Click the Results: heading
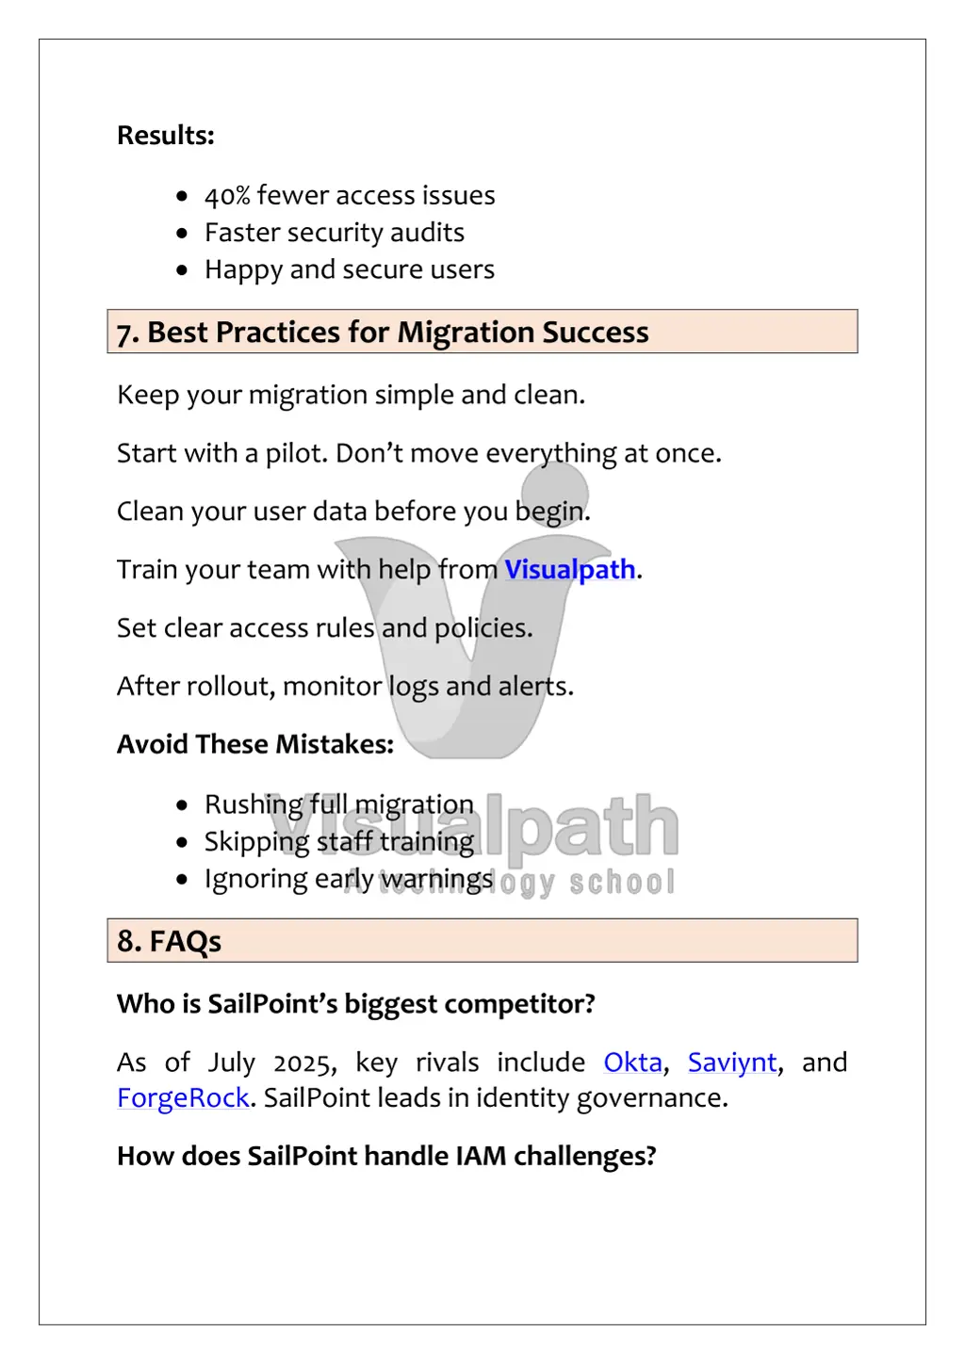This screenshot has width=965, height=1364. click(166, 136)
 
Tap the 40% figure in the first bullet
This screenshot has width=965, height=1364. click(227, 196)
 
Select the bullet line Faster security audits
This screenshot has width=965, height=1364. click(334, 233)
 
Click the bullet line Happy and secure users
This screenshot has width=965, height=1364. click(349, 270)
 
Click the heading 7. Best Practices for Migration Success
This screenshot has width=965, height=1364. click(383, 333)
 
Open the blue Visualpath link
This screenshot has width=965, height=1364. click(570, 570)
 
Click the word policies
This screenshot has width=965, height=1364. click(482, 628)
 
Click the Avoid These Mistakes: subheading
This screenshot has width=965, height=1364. click(255, 745)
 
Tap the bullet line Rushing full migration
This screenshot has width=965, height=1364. click(338, 804)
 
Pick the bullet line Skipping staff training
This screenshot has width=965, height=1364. click(338, 842)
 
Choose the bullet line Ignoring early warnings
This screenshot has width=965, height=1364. click(348, 880)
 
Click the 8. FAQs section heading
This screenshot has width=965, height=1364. click(170, 941)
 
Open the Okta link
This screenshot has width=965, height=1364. click(632, 1063)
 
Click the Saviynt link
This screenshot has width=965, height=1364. click(732, 1063)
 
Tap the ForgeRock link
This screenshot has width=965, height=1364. click(183, 1098)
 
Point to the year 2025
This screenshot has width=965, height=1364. click(304, 1064)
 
